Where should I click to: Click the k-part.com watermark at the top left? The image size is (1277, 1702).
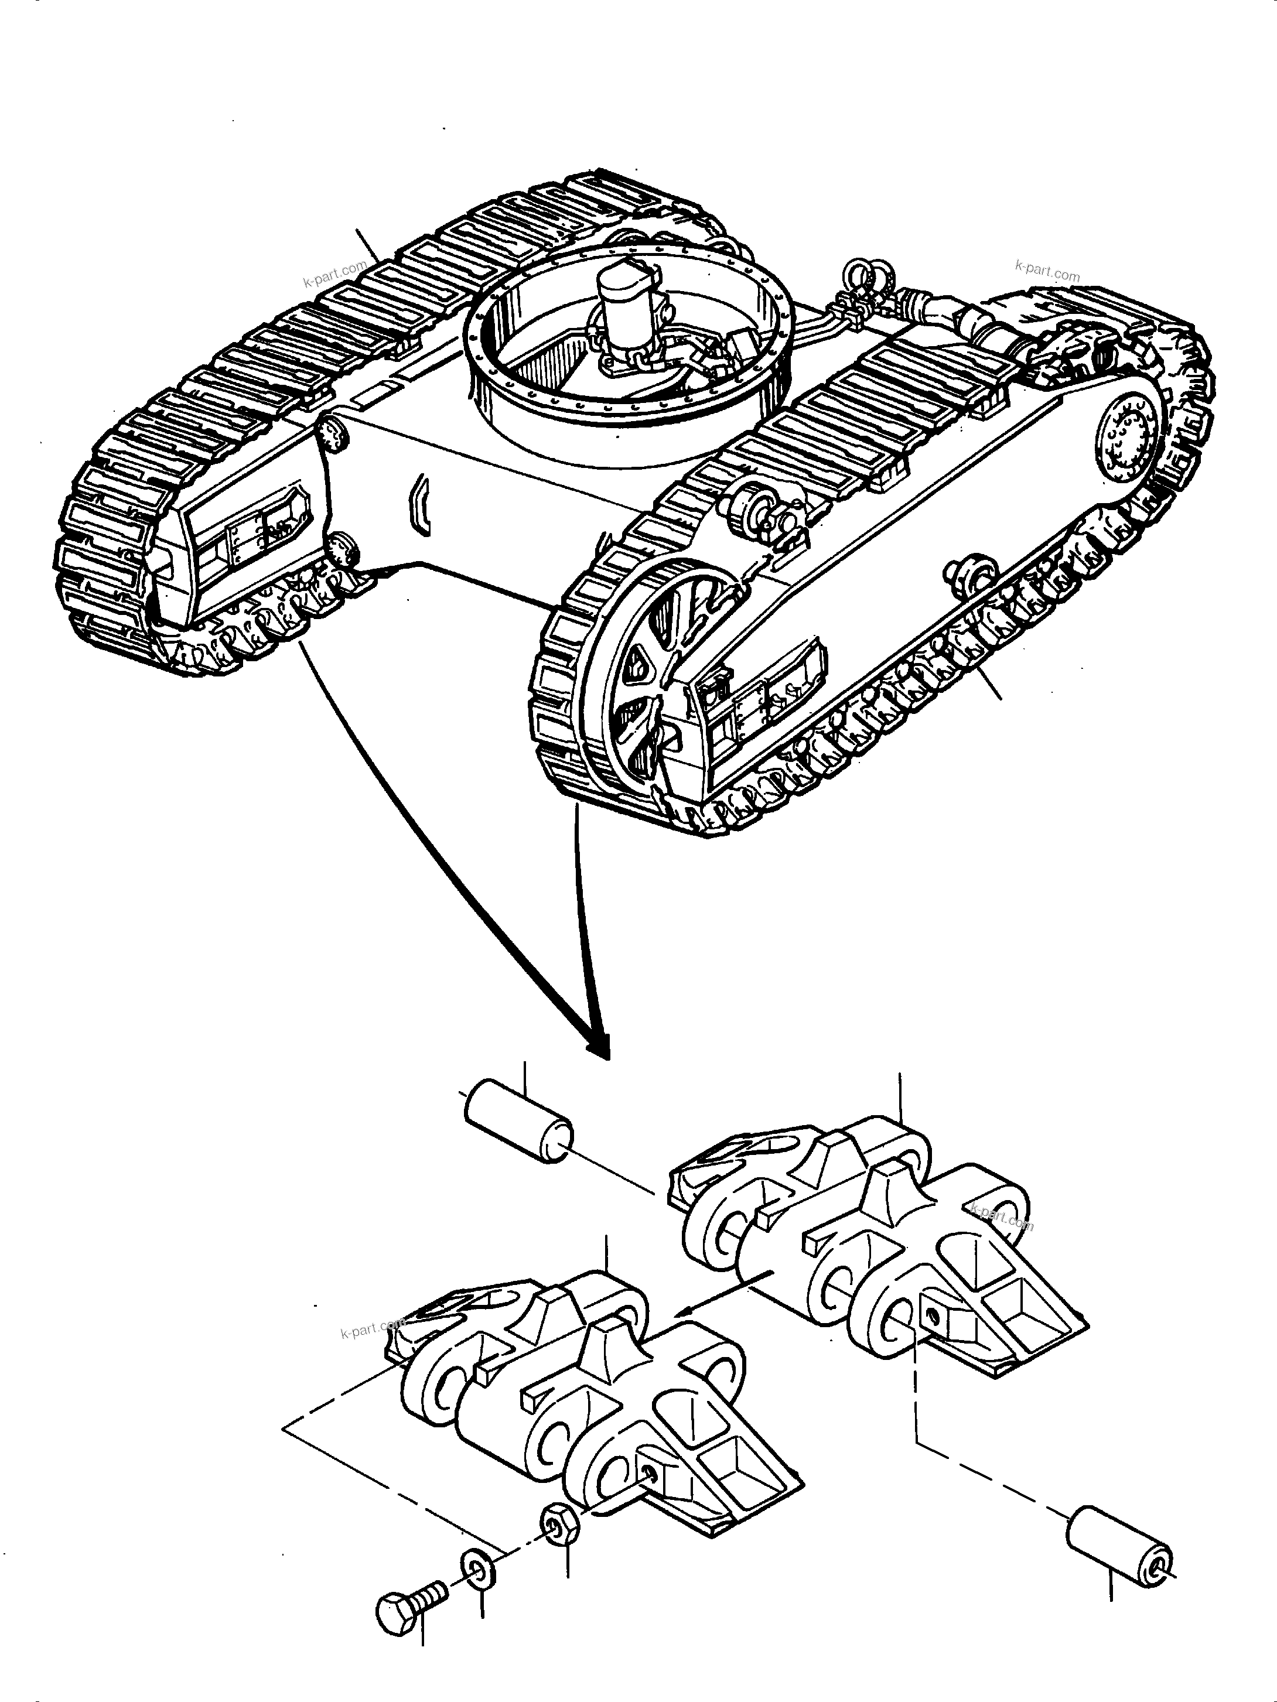click(x=335, y=275)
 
